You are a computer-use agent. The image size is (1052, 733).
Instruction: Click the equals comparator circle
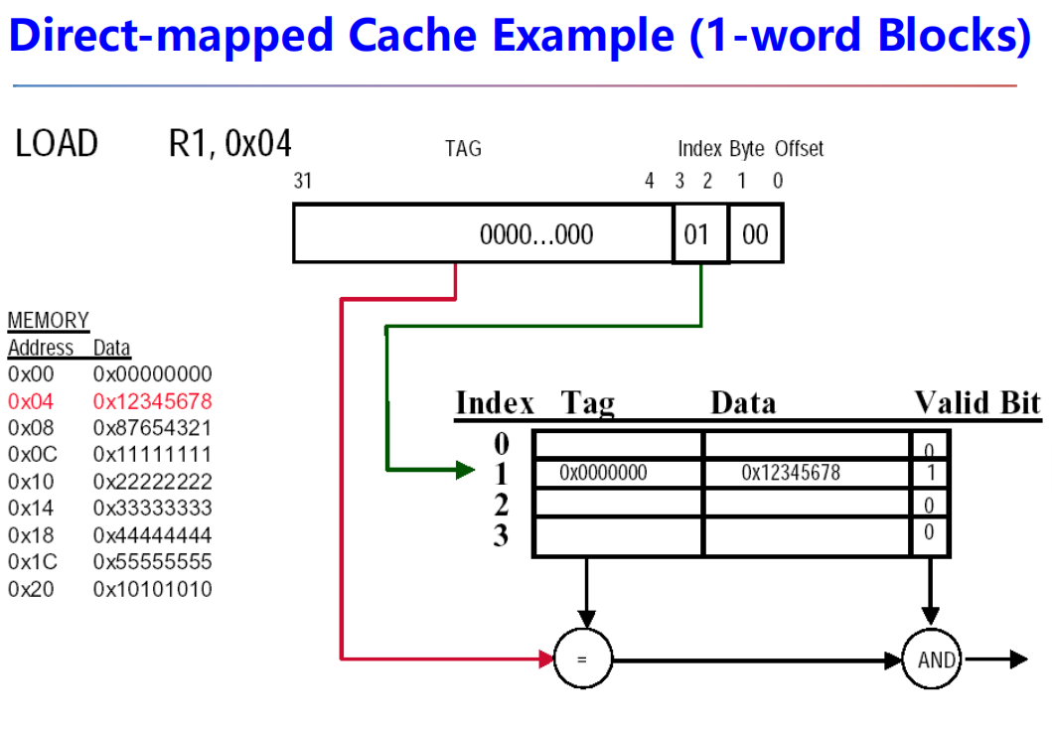click(583, 660)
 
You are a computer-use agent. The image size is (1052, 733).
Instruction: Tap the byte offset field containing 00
click(755, 234)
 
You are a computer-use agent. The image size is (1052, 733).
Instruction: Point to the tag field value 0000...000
click(535, 235)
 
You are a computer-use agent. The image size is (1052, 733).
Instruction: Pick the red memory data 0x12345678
click(152, 402)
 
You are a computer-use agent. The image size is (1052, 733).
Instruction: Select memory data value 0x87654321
click(152, 428)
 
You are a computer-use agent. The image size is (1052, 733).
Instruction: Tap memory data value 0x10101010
click(152, 589)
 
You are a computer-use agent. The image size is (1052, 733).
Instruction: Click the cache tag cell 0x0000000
click(603, 474)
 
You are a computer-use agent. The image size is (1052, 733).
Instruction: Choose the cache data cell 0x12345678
click(790, 474)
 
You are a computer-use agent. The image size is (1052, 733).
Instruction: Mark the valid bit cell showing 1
click(930, 474)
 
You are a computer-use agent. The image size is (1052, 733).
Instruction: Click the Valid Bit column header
click(977, 403)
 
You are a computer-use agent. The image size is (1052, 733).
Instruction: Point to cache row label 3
click(501, 536)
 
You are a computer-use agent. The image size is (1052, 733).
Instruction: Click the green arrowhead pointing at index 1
click(466, 470)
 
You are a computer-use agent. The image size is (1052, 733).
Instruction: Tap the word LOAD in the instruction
click(57, 144)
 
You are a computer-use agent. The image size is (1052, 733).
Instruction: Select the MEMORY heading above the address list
click(48, 321)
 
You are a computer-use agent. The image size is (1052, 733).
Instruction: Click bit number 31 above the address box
click(302, 181)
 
